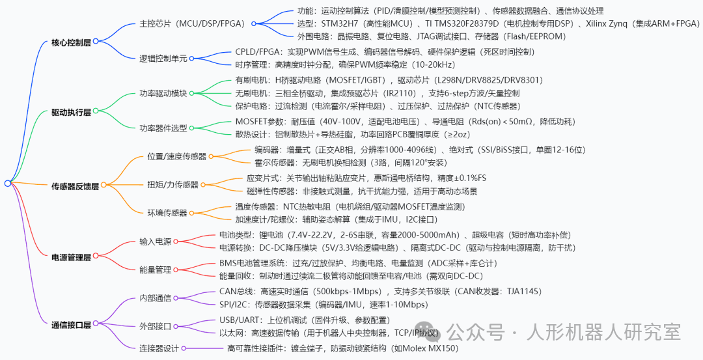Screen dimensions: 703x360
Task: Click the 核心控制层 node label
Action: coord(72,43)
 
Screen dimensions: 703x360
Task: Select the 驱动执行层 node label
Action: coord(72,113)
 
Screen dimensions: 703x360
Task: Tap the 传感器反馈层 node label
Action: coord(76,186)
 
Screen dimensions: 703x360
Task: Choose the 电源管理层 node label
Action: coord(72,257)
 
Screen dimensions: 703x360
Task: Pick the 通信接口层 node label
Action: coord(72,325)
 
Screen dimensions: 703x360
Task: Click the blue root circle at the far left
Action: coord(7,184)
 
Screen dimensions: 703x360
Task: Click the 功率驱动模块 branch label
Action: coord(163,94)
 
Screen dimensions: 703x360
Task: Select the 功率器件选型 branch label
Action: coord(163,128)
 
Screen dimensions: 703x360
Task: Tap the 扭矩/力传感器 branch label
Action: coord(173,185)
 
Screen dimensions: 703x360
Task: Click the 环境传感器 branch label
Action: coord(167,213)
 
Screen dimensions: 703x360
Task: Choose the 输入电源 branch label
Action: coord(155,242)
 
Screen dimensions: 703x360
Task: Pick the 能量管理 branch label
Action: coord(155,270)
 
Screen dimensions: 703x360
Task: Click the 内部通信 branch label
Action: coord(155,298)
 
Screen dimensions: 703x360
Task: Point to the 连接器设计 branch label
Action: coord(159,348)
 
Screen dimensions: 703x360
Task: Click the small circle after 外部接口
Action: coord(176,326)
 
